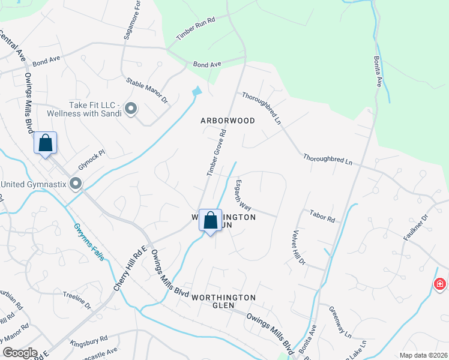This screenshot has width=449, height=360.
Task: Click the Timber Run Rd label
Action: click(x=196, y=28)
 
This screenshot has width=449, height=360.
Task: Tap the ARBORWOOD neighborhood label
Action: click(x=228, y=121)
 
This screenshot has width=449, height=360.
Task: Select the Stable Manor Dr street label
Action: click(x=146, y=90)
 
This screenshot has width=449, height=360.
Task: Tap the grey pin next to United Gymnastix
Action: click(x=76, y=184)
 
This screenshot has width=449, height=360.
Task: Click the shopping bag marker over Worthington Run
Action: click(x=210, y=221)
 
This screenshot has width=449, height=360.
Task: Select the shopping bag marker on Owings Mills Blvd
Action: click(x=45, y=143)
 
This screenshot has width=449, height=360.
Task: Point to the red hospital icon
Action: click(x=440, y=283)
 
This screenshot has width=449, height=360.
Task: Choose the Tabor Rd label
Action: click(x=322, y=216)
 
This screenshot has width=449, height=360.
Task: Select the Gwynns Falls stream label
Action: click(x=89, y=242)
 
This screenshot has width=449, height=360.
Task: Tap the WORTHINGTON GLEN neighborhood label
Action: click(x=223, y=302)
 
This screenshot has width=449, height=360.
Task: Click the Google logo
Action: click(x=20, y=353)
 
